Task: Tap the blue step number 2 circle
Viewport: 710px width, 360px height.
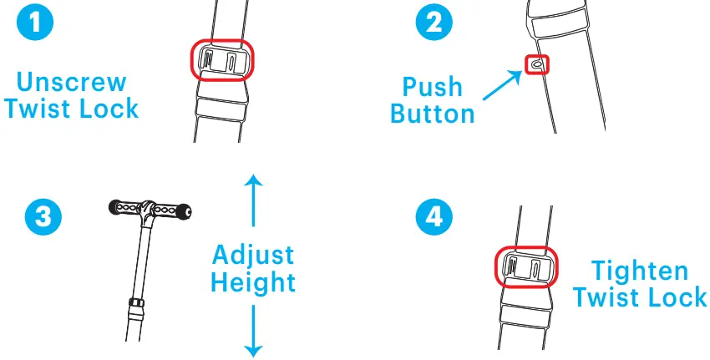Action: click(433, 23)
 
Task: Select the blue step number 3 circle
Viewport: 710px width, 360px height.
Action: click(43, 217)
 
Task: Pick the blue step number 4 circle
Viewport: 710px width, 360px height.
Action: click(434, 217)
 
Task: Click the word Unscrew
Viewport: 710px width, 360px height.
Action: click(72, 83)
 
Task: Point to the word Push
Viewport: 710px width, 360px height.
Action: click(432, 86)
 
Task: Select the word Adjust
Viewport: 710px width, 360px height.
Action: click(252, 254)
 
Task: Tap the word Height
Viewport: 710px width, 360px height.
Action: click(252, 282)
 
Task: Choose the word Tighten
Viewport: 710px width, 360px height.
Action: click(640, 271)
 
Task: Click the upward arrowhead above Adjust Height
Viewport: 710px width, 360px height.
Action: click(253, 179)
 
